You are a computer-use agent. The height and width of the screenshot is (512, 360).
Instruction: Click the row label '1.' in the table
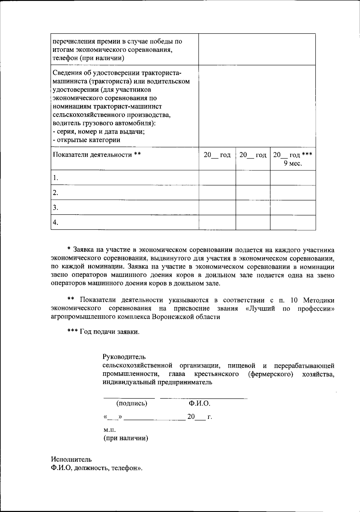(x=55, y=178)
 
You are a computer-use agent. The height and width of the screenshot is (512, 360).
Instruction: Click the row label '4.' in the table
(x=55, y=222)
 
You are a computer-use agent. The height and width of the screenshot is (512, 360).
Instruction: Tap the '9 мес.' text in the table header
(x=293, y=163)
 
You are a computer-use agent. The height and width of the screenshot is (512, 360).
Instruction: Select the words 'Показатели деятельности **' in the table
(x=97, y=155)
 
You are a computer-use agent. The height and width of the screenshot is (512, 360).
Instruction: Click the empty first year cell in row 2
(x=217, y=192)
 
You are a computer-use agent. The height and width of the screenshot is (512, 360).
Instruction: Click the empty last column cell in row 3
(x=293, y=207)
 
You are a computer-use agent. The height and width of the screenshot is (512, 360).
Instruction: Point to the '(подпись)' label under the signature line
(x=132, y=403)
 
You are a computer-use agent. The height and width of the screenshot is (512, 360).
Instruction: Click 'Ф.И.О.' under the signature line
(x=199, y=403)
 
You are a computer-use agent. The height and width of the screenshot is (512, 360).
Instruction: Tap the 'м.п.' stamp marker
(x=109, y=430)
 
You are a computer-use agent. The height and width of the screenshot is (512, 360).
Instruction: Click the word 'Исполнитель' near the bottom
(x=71, y=460)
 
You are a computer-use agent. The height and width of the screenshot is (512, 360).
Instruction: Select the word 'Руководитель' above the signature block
(x=124, y=357)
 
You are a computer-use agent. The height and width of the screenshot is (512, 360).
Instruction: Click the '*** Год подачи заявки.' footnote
(x=103, y=332)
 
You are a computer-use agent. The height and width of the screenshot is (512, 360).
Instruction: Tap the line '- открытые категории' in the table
(x=86, y=140)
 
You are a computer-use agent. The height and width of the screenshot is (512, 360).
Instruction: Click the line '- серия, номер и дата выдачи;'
(x=99, y=132)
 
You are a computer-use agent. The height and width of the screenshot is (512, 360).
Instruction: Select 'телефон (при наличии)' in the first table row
(x=88, y=58)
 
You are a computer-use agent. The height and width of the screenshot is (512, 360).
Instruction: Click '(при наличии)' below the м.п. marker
(x=126, y=438)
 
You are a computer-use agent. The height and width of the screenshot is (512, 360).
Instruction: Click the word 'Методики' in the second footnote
(x=319, y=300)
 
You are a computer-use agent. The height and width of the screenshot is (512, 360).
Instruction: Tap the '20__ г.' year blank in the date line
(x=199, y=417)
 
